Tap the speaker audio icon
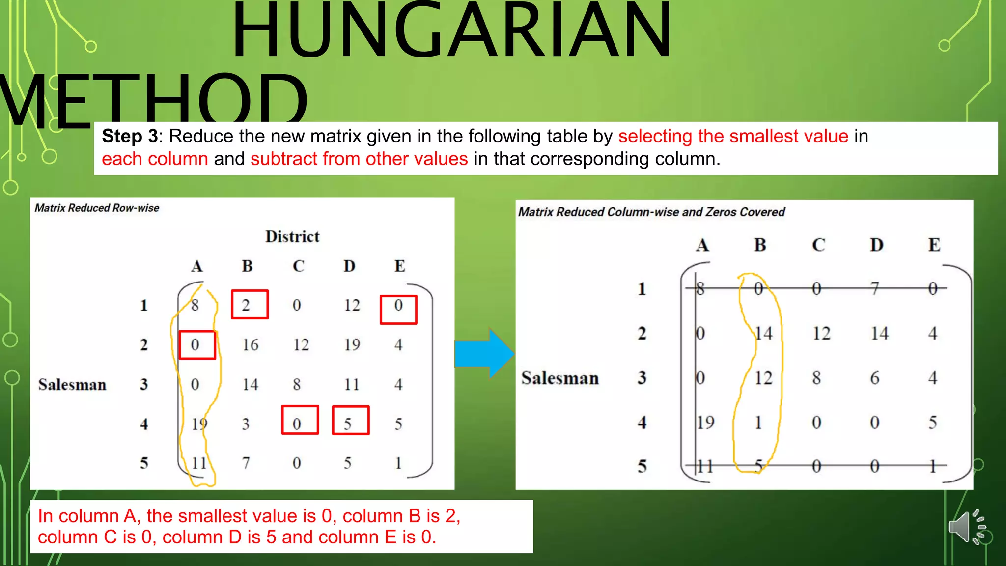coord(966,527)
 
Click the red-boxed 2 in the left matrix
coord(250,305)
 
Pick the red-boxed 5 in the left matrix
coord(350,421)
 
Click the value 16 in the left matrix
coord(250,345)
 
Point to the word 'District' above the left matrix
coord(292,237)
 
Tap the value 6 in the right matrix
coord(874,378)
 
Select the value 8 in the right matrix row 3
coord(816,378)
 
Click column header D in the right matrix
coord(876,245)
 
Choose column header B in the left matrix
coord(247,266)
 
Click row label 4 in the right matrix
coord(642,422)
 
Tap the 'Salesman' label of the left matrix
coord(72,384)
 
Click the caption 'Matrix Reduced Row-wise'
coord(97,208)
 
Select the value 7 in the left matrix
coord(246,463)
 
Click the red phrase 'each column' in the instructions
coord(155,159)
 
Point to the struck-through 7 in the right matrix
coord(874,288)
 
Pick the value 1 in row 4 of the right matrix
coord(758,422)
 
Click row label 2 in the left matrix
coord(143,345)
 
